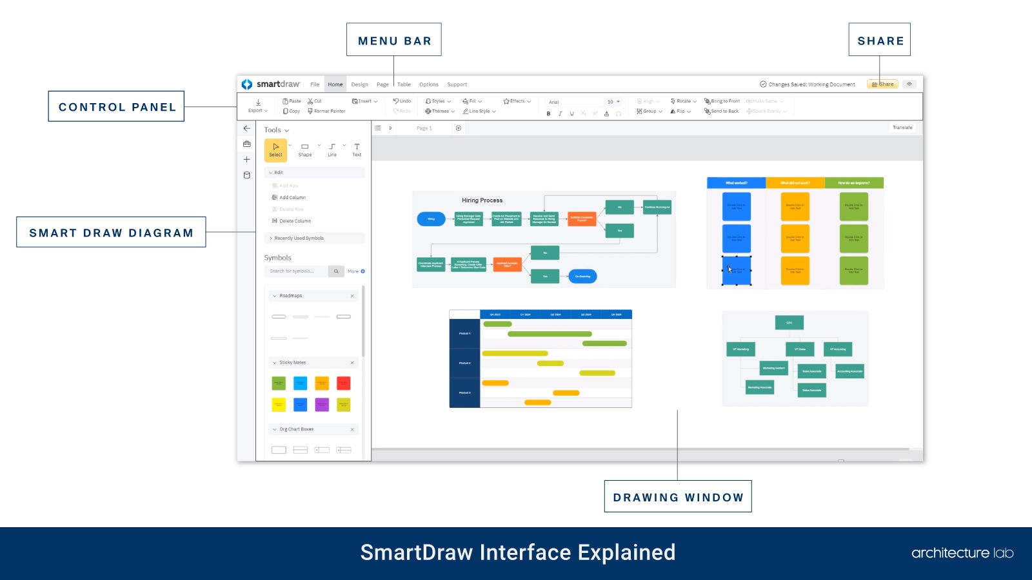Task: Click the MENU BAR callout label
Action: [x=394, y=40]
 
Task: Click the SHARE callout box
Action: [x=880, y=40]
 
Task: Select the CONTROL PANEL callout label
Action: [x=117, y=106]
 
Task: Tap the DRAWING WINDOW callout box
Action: [x=678, y=497]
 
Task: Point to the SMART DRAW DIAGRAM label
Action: [x=111, y=232]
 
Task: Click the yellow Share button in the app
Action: [x=883, y=84]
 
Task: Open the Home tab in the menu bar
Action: [x=335, y=84]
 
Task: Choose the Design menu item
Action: [x=359, y=84]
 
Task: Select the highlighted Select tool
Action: [x=275, y=150]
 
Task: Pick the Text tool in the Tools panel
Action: [x=357, y=150]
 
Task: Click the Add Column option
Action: [x=292, y=198]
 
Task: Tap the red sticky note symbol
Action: [x=344, y=383]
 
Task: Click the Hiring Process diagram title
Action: [x=482, y=200]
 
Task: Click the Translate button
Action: [x=902, y=128]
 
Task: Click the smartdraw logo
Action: [x=271, y=84]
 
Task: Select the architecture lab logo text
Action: [x=962, y=553]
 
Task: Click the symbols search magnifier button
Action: [x=336, y=271]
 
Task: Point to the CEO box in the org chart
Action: [x=789, y=323]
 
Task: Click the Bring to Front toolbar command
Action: [x=722, y=101]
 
